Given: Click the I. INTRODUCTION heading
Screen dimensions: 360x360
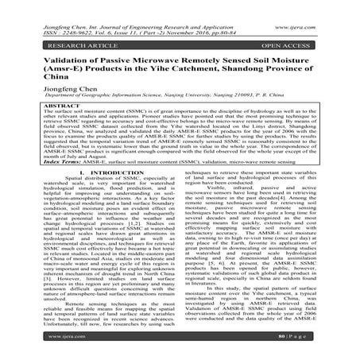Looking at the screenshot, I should [x=98, y=195].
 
